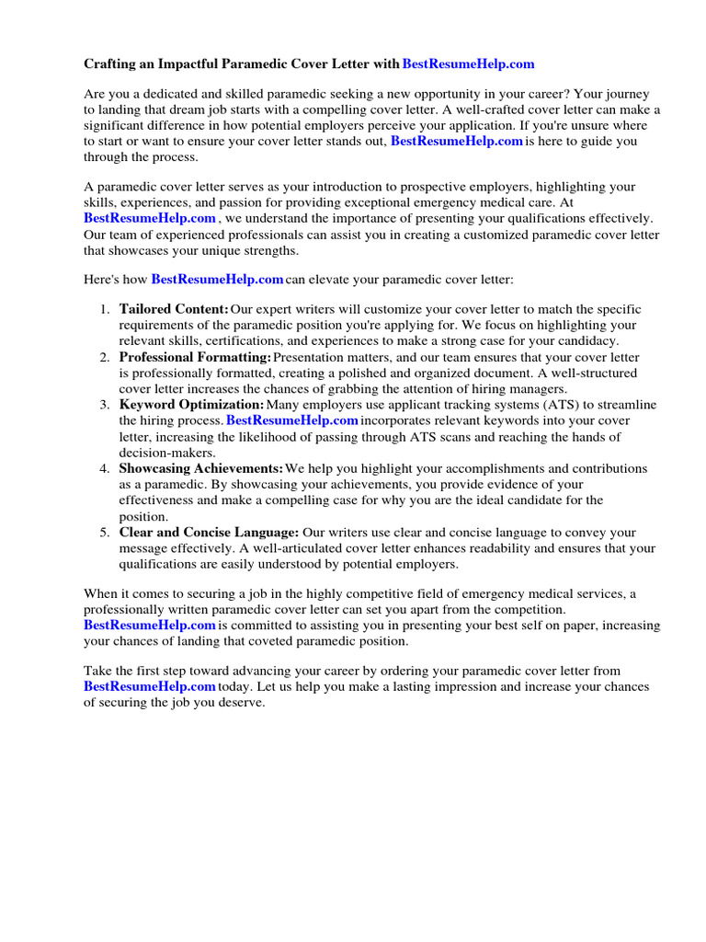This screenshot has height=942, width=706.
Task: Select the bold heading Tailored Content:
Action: [x=174, y=309]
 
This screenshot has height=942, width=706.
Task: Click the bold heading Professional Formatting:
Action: [x=195, y=357]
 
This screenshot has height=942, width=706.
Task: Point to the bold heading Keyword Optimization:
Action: [x=191, y=405]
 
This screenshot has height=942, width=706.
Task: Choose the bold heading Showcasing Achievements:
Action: [x=201, y=468]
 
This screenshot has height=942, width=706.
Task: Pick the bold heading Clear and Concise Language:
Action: [x=209, y=533]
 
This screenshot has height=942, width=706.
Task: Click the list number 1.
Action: [x=105, y=309]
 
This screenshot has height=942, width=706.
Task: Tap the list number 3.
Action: [x=105, y=405]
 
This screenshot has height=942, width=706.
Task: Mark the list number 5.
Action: [x=105, y=533]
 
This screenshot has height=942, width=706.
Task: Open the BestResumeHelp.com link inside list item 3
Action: [x=291, y=420]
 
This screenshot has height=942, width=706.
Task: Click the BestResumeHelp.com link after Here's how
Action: [x=217, y=278]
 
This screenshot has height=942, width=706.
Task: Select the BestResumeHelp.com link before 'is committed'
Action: [x=150, y=625]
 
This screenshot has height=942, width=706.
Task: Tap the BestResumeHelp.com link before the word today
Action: [x=150, y=687]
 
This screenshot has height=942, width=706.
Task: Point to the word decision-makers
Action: [x=166, y=453]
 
